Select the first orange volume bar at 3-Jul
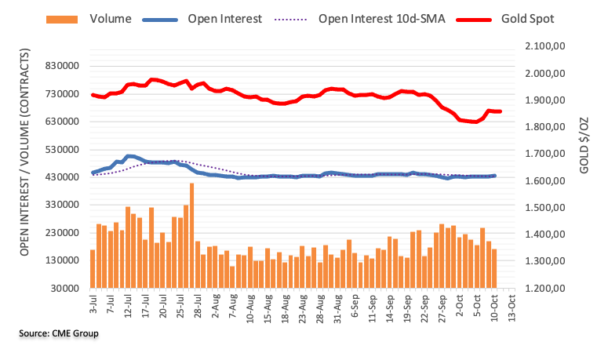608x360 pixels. click(x=92, y=269)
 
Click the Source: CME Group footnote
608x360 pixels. click(x=60, y=334)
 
